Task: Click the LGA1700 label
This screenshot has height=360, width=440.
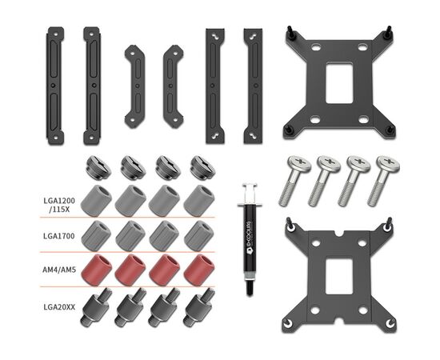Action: coord(59,236)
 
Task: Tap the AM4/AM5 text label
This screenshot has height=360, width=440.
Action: coord(59,270)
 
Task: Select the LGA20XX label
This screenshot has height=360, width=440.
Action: coord(59,307)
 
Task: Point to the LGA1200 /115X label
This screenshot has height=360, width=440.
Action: coord(59,205)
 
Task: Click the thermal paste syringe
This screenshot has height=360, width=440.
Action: coord(249,240)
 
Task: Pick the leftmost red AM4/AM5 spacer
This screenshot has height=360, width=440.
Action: coord(96,270)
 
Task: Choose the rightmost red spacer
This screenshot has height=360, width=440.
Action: coord(199,270)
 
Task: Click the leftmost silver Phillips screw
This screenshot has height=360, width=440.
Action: coord(294,181)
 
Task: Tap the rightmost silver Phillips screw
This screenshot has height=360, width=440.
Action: coord(383,181)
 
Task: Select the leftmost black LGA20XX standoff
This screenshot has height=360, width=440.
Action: coord(96,308)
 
